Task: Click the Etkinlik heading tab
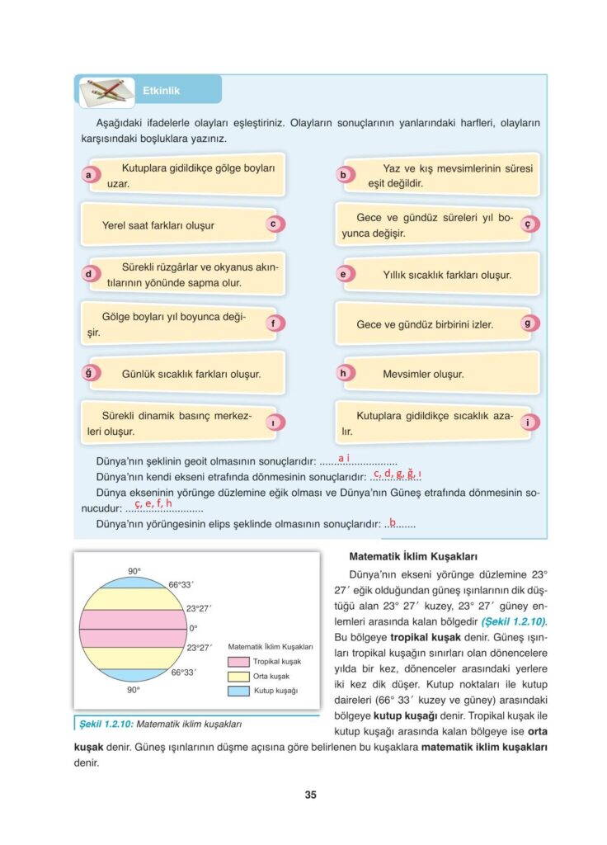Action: [x=161, y=91]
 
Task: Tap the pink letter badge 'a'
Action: [x=88, y=175]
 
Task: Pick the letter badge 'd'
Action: [x=88, y=274]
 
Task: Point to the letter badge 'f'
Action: [x=271, y=323]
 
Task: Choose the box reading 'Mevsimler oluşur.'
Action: [x=437, y=374]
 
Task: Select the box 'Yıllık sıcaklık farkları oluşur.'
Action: [x=445, y=275]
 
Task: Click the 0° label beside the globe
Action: [x=194, y=628]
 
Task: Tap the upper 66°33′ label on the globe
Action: [x=181, y=585]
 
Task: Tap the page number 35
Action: [x=310, y=795]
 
